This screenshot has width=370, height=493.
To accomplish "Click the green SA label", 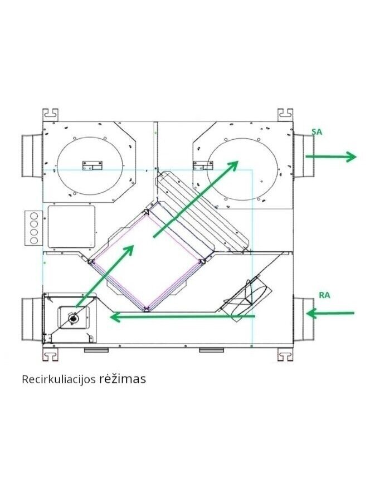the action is (x=317, y=132).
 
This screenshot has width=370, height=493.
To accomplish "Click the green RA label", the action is (x=324, y=295).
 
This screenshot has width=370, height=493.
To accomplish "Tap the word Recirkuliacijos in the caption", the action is (x=59, y=379).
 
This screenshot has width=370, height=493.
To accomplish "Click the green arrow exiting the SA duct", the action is (x=330, y=157).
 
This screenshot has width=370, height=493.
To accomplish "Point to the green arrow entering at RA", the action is (x=330, y=313).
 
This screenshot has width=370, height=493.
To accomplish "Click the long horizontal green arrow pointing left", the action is (x=182, y=316).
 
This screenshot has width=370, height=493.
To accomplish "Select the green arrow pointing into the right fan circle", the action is (x=196, y=199).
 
